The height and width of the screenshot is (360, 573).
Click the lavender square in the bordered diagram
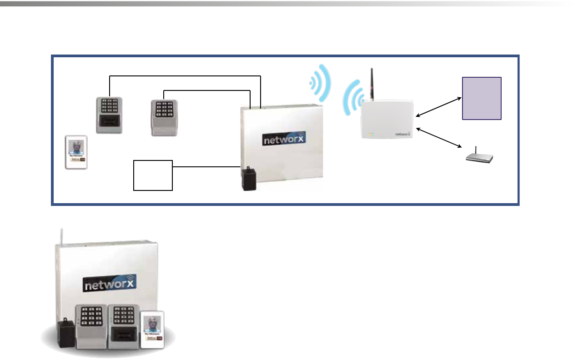coord(482,98)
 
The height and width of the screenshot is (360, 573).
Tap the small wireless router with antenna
coord(480,157)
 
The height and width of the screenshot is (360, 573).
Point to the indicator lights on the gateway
coord(371,135)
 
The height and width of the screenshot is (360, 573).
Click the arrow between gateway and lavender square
coord(438,108)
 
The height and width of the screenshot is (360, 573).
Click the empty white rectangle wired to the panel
coord(153,175)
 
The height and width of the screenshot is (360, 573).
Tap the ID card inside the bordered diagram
coord(76,152)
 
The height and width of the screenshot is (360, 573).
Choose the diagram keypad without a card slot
coord(164,117)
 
